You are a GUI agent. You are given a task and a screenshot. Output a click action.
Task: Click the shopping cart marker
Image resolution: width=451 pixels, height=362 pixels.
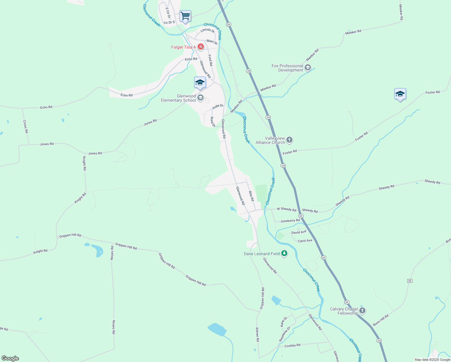point(185,16)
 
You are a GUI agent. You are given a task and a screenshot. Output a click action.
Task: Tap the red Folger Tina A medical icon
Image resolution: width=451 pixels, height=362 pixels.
point(200,47)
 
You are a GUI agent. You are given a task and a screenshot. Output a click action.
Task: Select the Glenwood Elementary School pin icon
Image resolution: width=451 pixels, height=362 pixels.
point(200,98)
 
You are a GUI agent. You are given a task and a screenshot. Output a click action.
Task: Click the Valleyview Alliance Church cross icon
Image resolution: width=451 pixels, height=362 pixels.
point(289,140)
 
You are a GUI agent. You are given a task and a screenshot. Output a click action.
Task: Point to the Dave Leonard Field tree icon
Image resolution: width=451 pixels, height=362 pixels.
point(284,253)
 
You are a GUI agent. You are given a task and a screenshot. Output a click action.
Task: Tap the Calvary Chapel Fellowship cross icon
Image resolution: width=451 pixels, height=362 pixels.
point(362,310)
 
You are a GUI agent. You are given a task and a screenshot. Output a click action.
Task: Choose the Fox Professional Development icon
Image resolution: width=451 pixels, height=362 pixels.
point(308,68)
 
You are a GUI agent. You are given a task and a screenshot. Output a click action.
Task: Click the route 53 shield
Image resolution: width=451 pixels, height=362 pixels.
point(410,281)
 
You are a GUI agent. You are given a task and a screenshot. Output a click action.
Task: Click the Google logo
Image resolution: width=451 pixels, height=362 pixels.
point(10,358)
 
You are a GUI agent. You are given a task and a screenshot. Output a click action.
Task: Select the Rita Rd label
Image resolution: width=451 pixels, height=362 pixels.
point(251,196)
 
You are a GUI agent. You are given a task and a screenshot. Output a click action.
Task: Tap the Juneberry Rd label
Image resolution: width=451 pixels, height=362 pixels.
point(290,221)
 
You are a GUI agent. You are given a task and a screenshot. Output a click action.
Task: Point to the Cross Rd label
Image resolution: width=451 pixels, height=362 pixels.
point(26,126)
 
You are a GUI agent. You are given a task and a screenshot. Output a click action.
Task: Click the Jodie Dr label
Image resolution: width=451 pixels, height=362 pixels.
point(218,106)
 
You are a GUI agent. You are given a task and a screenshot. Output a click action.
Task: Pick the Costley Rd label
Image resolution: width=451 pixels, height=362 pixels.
point(292,345)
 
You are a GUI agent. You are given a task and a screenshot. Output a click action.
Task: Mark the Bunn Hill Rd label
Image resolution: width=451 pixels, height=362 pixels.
point(381,320)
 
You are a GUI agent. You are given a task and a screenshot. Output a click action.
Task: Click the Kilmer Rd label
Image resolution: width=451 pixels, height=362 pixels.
point(257,334)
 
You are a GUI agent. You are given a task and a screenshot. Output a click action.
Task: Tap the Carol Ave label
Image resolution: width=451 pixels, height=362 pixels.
point(305,241)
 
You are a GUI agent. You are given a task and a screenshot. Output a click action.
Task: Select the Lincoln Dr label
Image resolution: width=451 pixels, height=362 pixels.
point(207,30)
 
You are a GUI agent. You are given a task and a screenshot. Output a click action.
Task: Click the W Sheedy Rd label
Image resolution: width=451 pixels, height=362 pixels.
point(286,209)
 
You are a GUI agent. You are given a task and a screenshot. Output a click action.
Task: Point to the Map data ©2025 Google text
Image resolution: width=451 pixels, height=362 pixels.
point(432,360)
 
